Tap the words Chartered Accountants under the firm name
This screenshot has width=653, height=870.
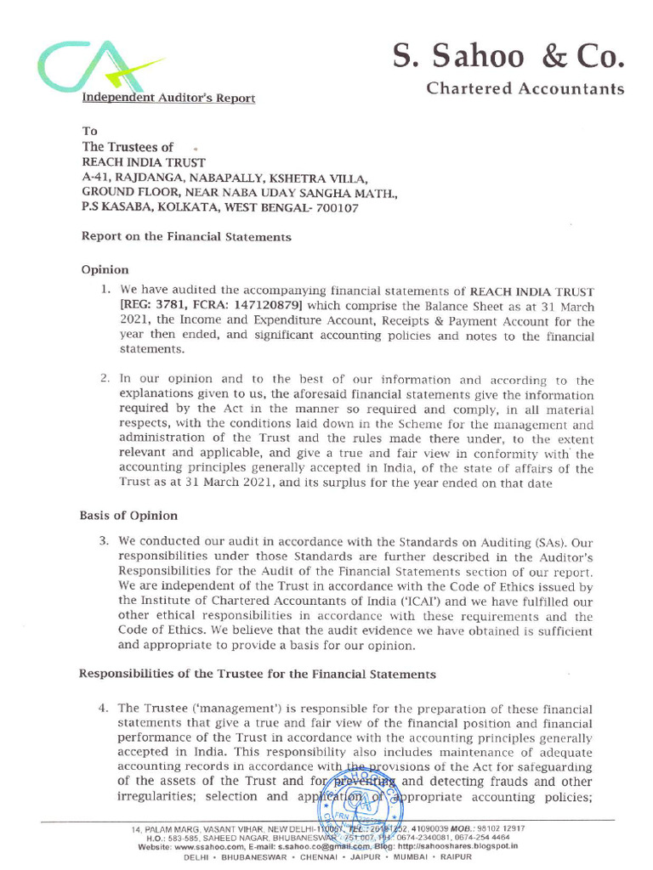point(524,89)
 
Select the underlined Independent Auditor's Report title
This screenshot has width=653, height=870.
point(168,99)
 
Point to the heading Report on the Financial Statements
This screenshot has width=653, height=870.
point(185,237)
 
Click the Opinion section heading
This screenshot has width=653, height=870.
point(105,269)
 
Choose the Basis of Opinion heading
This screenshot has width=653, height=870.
point(128,516)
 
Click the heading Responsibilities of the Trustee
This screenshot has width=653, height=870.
point(257,674)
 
